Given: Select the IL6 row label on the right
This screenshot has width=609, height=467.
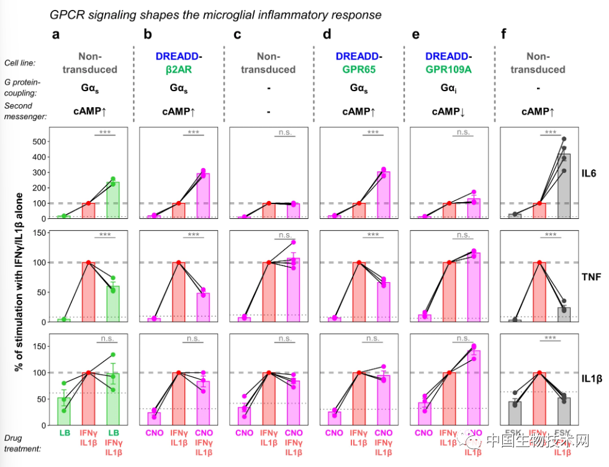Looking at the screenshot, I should (x=590, y=174).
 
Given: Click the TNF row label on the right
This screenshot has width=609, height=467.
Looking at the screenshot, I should (x=590, y=278).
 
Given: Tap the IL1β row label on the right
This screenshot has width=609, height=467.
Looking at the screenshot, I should (x=590, y=378).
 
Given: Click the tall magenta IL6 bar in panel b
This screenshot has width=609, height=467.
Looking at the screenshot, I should (x=202, y=196).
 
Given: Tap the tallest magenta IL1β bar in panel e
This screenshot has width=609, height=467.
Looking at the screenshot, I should (x=473, y=388).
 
